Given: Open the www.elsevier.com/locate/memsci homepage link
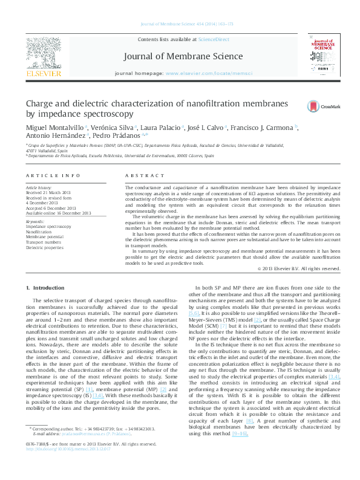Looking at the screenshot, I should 200,73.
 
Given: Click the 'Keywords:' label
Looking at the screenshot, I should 36,221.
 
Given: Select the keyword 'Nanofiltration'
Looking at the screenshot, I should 39,232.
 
